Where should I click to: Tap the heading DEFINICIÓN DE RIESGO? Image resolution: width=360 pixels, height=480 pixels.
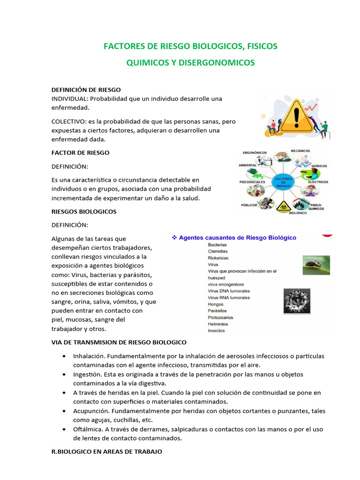(86, 90)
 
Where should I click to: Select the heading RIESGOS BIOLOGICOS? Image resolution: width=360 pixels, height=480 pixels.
(84, 211)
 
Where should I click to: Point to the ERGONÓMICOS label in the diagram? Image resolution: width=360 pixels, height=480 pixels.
(255, 153)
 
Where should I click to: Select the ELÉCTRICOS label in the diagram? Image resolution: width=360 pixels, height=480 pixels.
(318, 181)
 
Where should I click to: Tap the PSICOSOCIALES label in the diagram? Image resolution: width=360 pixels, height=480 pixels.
(252, 181)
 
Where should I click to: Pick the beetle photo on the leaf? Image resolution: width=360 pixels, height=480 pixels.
(316, 265)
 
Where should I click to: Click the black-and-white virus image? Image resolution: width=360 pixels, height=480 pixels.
(297, 301)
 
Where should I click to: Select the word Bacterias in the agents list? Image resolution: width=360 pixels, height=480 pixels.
(217, 245)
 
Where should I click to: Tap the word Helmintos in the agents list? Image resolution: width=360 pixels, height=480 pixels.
(218, 324)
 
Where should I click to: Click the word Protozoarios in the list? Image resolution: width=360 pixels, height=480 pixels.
(220, 317)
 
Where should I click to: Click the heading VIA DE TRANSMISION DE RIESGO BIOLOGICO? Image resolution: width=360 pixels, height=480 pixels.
(119, 342)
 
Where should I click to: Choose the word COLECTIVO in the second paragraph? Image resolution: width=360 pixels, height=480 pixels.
(67, 121)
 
